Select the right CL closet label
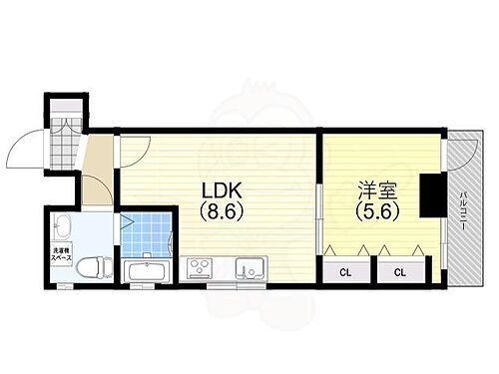(398, 271)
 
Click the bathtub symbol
(149, 270)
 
